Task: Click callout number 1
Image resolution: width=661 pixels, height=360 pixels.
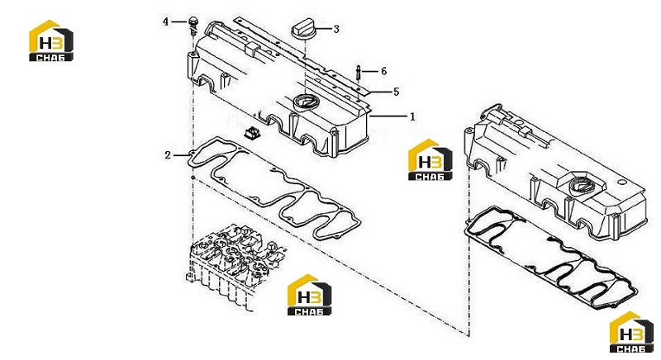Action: tap(412, 116)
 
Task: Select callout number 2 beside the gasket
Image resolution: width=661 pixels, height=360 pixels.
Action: tap(168, 155)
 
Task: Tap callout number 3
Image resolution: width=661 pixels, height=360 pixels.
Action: tap(336, 29)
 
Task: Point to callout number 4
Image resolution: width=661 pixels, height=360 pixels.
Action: tap(166, 21)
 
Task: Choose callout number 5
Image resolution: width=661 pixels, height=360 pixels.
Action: tap(396, 92)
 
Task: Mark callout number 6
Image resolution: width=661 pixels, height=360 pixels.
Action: tap(383, 71)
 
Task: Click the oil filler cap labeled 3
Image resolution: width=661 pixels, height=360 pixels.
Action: tap(302, 31)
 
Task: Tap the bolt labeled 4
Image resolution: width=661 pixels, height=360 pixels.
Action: tap(193, 26)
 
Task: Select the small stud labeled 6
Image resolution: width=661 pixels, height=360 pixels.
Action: tap(358, 73)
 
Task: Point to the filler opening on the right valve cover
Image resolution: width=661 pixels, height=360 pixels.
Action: tap(581, 186)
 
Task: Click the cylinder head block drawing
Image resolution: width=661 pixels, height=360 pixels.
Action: tap(233, 264)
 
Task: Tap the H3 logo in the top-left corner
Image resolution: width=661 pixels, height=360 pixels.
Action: tap(51, 40)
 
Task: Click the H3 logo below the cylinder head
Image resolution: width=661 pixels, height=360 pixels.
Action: tap(309, 295)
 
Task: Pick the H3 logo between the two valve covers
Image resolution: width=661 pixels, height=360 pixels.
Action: tap(430, 159)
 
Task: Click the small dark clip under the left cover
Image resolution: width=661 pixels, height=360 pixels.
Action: tap(252, 133)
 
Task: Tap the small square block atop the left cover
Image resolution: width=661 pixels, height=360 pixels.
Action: tap(252, 48)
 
